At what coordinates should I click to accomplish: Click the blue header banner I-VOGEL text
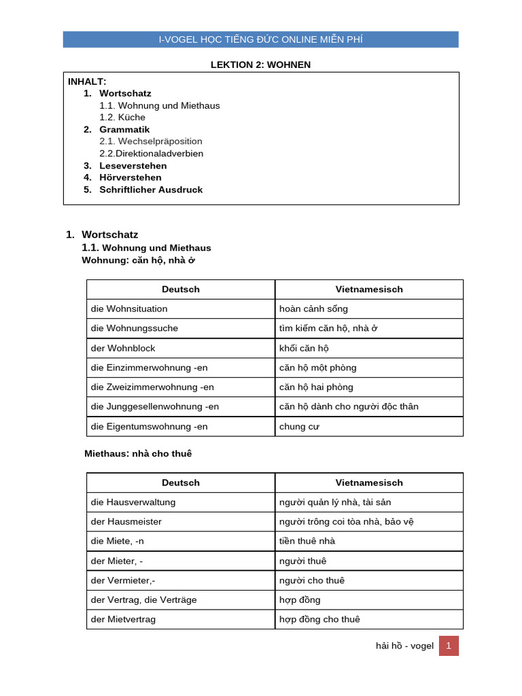click(x=261, y=39)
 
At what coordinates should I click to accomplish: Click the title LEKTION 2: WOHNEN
click(x=261, y=65)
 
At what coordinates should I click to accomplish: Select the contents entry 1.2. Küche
click(x=122, y=117)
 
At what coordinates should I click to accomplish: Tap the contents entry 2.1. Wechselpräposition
click(x=151, y=141)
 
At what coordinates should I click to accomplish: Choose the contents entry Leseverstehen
click(x=133, y=166)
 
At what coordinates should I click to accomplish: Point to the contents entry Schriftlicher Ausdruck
click(x=151, y=190)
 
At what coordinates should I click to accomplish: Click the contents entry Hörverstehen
click(x=130, y=177)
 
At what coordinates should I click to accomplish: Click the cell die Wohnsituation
click(x=129, y=309)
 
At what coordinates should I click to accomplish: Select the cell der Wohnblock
click(x=123, y=348)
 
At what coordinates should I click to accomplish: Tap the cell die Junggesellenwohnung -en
click(x=155, y=406)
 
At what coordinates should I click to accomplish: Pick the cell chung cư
click(x=299, y=427)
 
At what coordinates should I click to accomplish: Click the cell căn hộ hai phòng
click(x=316, y=387)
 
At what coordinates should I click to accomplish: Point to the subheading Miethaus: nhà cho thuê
click(x=143, y=453)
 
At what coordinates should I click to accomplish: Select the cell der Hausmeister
click(x=126, y=521)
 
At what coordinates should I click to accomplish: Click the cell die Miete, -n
click(x=118, y=541)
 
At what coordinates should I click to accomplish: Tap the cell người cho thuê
click(x=312, y=580)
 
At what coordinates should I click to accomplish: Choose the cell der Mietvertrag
click(x=123, y=619)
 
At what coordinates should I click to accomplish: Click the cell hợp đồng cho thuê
click(x=319, y=619)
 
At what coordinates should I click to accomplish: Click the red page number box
click(x=449, y=646)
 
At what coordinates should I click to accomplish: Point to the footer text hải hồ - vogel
click(x=404, y=646)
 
